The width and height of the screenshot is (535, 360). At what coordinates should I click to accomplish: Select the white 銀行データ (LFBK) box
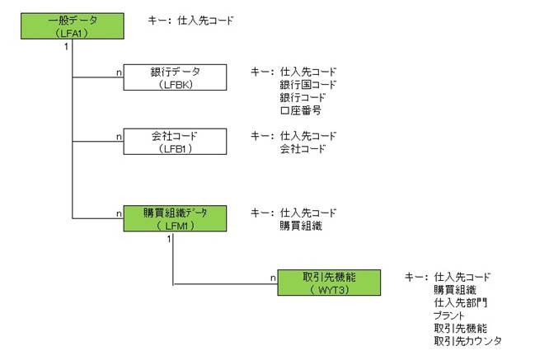click(x=175, y=77)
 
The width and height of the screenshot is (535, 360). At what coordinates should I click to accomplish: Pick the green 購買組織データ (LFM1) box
click(x=175, y=217)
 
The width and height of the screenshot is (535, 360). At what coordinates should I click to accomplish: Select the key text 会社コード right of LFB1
click(x=303, y=149)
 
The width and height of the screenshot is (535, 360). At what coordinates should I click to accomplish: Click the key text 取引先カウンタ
click(x=467, y=340)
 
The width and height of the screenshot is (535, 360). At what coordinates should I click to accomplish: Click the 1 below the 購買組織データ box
click(x=168, y=239)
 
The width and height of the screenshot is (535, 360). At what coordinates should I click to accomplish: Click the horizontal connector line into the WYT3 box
click(x=223, y=284)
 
